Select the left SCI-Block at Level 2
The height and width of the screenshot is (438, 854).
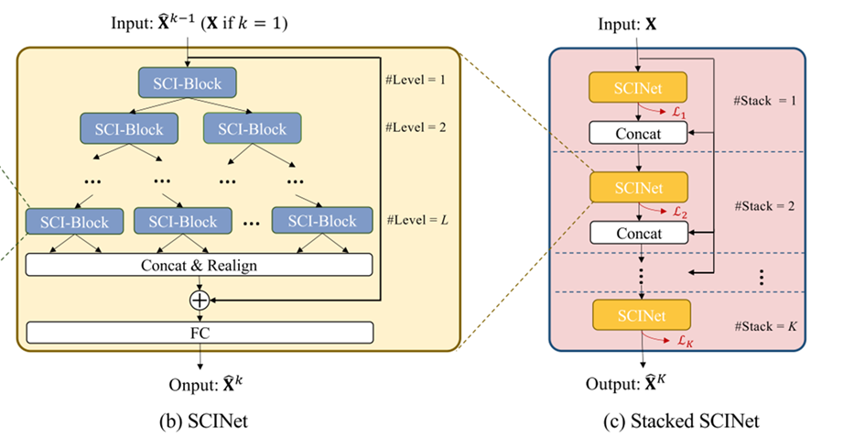pos(123,129)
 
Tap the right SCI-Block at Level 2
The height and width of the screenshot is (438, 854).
pos(245,129)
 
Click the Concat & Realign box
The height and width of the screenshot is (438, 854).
pos(199,266)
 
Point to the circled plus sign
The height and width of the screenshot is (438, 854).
pos(199,300)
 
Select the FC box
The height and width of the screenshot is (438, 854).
pos(199,333)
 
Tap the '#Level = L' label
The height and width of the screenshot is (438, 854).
pos(417,220)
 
